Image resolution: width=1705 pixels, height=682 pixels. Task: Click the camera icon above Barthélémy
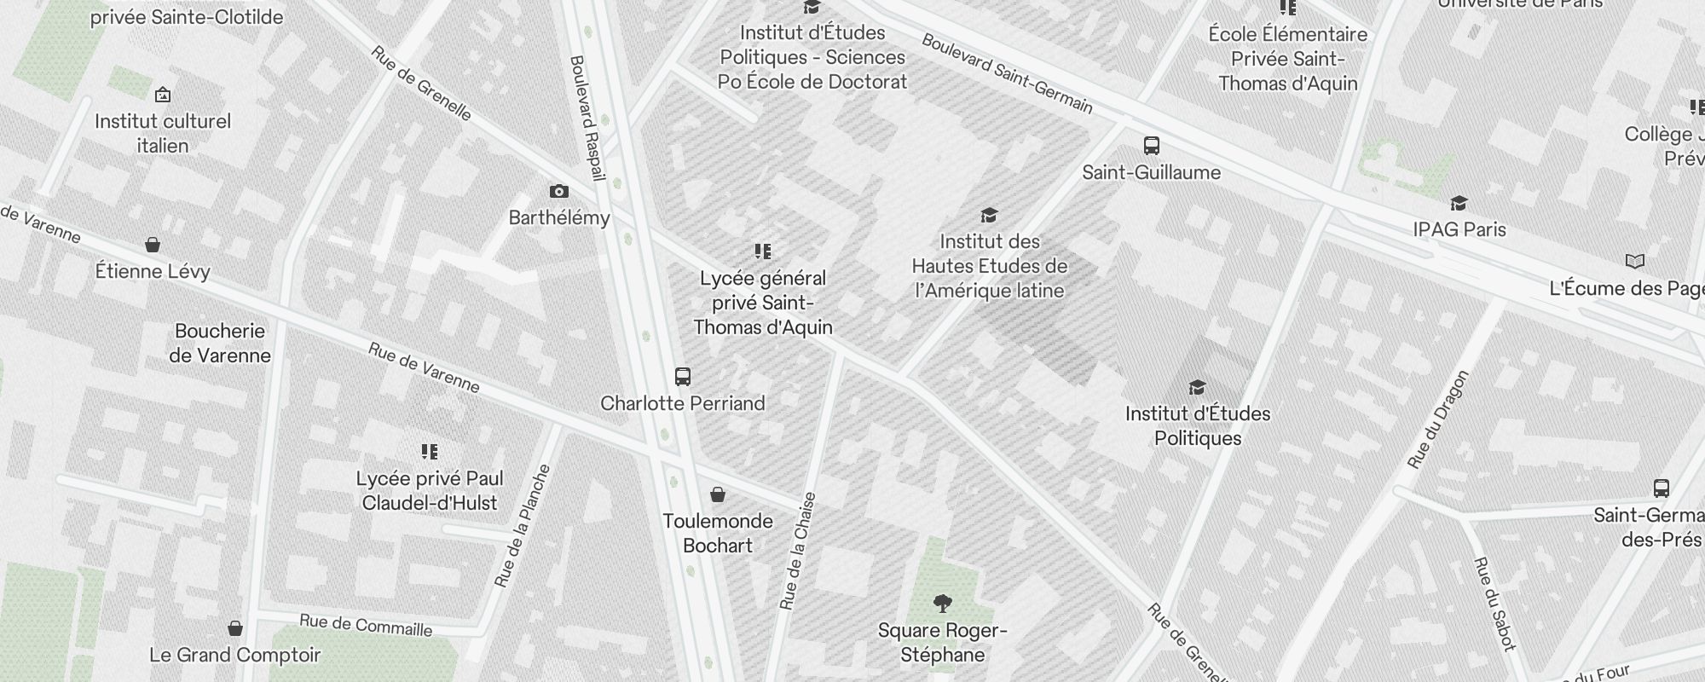559,191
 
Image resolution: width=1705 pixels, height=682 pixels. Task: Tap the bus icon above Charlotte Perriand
683,376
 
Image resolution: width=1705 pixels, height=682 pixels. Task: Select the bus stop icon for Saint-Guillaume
1152,145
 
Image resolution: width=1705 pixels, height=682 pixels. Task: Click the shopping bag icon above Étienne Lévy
153,246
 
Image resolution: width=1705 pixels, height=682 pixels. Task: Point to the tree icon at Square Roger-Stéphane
942,604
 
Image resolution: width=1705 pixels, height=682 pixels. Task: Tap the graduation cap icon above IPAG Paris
1459,203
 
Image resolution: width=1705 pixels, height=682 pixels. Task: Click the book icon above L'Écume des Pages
1634,261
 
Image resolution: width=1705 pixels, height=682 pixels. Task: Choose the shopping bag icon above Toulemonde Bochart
718,494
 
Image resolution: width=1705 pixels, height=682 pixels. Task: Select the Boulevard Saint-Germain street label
1007,73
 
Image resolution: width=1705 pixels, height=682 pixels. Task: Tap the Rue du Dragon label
1439,419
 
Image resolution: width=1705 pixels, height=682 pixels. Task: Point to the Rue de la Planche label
523,526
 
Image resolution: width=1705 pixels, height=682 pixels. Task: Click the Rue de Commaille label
366,625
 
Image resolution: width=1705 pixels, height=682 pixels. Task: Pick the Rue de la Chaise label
798,551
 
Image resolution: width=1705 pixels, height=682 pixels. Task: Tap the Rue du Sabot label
1494,604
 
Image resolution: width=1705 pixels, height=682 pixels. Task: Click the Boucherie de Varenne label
220,343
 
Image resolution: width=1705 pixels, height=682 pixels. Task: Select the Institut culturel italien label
163,133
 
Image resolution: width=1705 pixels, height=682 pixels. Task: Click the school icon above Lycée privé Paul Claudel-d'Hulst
430,451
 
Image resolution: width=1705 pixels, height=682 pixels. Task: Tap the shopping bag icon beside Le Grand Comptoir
235,628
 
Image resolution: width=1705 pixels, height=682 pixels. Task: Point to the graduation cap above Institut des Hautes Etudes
989,215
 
